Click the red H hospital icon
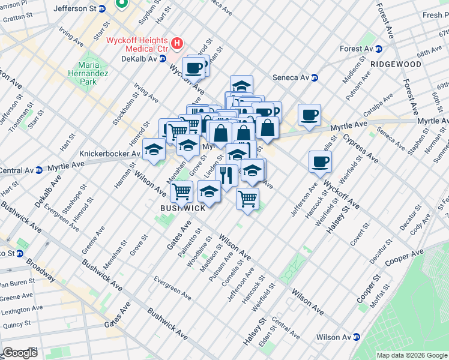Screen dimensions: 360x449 [x=177, y=43]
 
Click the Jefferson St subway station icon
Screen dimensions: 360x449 [x=102, y=8]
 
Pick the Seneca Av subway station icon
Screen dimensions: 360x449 [x=314, y=77]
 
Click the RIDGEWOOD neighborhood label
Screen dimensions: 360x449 [x=396, y=64]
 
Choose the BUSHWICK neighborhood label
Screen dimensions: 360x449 [x=183, y=208]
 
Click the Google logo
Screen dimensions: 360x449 [x=20, y=353]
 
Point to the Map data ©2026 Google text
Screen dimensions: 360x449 [x=412, y=355]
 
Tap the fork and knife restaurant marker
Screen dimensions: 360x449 [x=226, y=175]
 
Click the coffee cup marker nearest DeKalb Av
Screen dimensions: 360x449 [x=193, y=68]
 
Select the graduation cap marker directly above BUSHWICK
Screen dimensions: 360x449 [x=208, y=192]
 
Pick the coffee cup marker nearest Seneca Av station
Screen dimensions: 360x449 [x=309, y=115]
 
